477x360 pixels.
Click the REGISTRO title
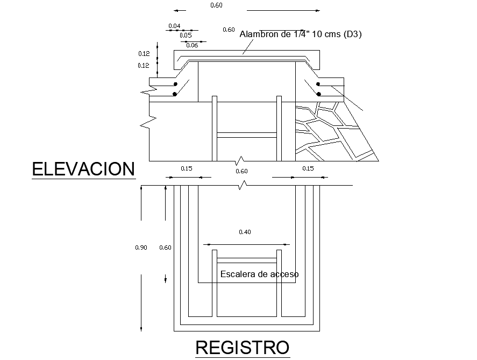point(242,347)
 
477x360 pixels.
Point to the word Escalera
point(237,274)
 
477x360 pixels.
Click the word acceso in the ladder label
point(285,274)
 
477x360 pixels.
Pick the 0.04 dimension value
point(174,26)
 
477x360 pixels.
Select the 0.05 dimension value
point(186,35)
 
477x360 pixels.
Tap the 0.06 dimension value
point(192,45)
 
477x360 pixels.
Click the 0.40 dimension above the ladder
point(245,232)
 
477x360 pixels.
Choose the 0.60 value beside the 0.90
point(166,248)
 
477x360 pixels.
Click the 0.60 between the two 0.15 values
point(242,171)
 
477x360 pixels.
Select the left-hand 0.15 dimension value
point(187,168)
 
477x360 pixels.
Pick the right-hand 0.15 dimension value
point(308,168)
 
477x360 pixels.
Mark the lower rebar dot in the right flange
point(319,94)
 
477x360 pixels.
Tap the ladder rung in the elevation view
point(247,135)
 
